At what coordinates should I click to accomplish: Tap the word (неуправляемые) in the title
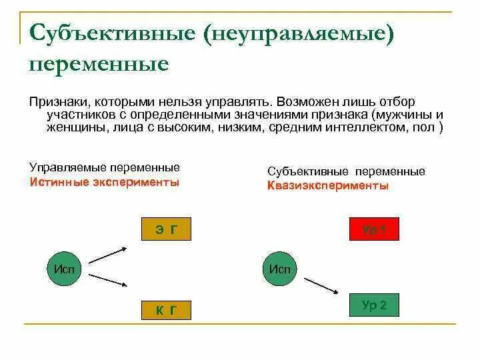(301, 33)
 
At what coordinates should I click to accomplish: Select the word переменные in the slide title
(99, 64)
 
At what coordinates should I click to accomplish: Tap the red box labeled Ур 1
(374, 229)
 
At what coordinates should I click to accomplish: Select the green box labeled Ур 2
(374, 305)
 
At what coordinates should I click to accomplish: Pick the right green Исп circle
(281, 269)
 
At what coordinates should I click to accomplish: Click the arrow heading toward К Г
(109, 280)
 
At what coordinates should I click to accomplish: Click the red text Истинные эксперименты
(105, 182)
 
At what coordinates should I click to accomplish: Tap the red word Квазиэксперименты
(328, 186)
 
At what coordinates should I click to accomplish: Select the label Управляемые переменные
(105, 168)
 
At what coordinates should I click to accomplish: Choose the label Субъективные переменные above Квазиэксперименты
(346, 171)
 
